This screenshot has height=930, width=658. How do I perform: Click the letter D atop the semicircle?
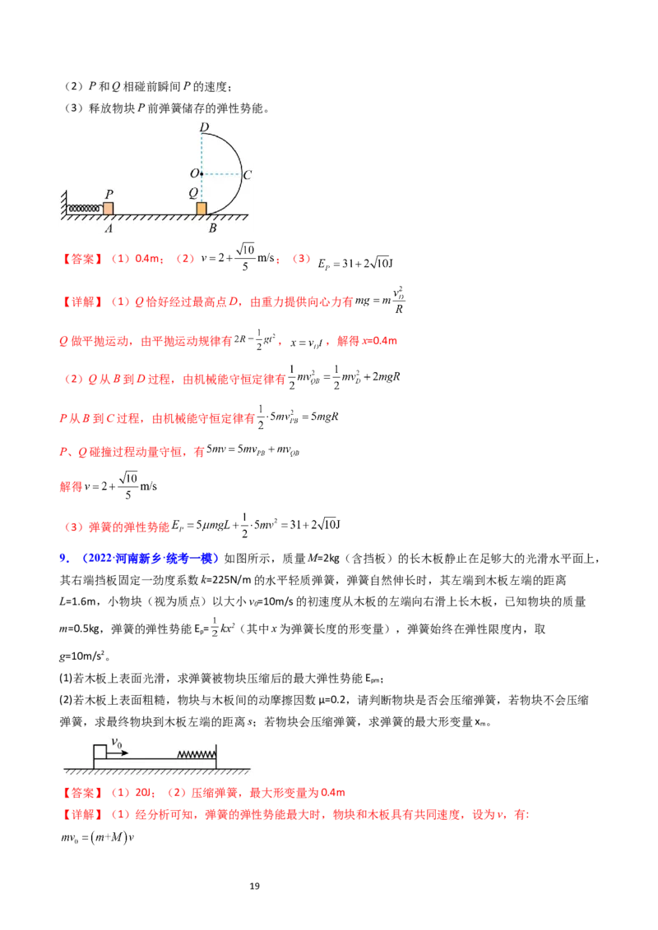[x=203, y=127]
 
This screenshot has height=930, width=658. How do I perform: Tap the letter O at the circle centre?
[x=193, y=174]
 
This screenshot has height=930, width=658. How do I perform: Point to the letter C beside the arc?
[x=247, y=174]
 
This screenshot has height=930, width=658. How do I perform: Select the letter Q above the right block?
[x=193, y=192]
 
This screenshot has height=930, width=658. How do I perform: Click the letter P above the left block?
[x=109, y=193]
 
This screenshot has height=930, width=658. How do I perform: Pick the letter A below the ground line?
[x=109, y=229]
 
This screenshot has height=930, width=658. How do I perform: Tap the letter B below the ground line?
[x=212, y=228]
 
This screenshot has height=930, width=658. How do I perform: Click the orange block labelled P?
[x=108, y=209]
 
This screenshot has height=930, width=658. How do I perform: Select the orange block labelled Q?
[x=202, y=209]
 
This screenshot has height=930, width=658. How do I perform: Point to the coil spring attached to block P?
[x=86, y=209]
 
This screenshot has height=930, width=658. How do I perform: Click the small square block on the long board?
[x=100, y=751]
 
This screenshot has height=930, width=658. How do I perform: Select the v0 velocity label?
[x=118, y=744]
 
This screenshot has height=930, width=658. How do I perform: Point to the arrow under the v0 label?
[x=118, y=753]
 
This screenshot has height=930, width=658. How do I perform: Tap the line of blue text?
[x=140, y=559]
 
